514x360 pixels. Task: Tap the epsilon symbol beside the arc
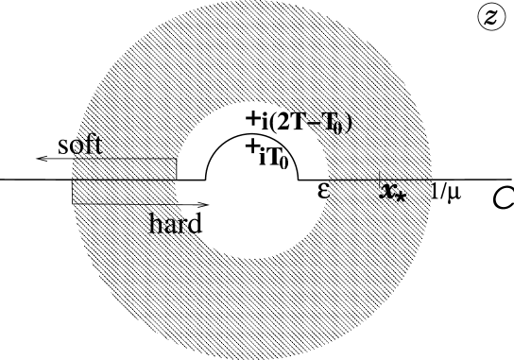[324, 190]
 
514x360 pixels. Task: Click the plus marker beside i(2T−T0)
[252, 120]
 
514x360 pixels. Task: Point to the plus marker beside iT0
[251, 147]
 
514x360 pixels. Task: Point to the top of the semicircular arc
[251, 133]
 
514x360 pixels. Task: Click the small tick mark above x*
[379, 177]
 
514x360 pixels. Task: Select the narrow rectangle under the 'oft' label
[123, 168]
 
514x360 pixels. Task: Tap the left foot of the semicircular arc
[207, 180]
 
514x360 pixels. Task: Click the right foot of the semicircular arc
[299, 180]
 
